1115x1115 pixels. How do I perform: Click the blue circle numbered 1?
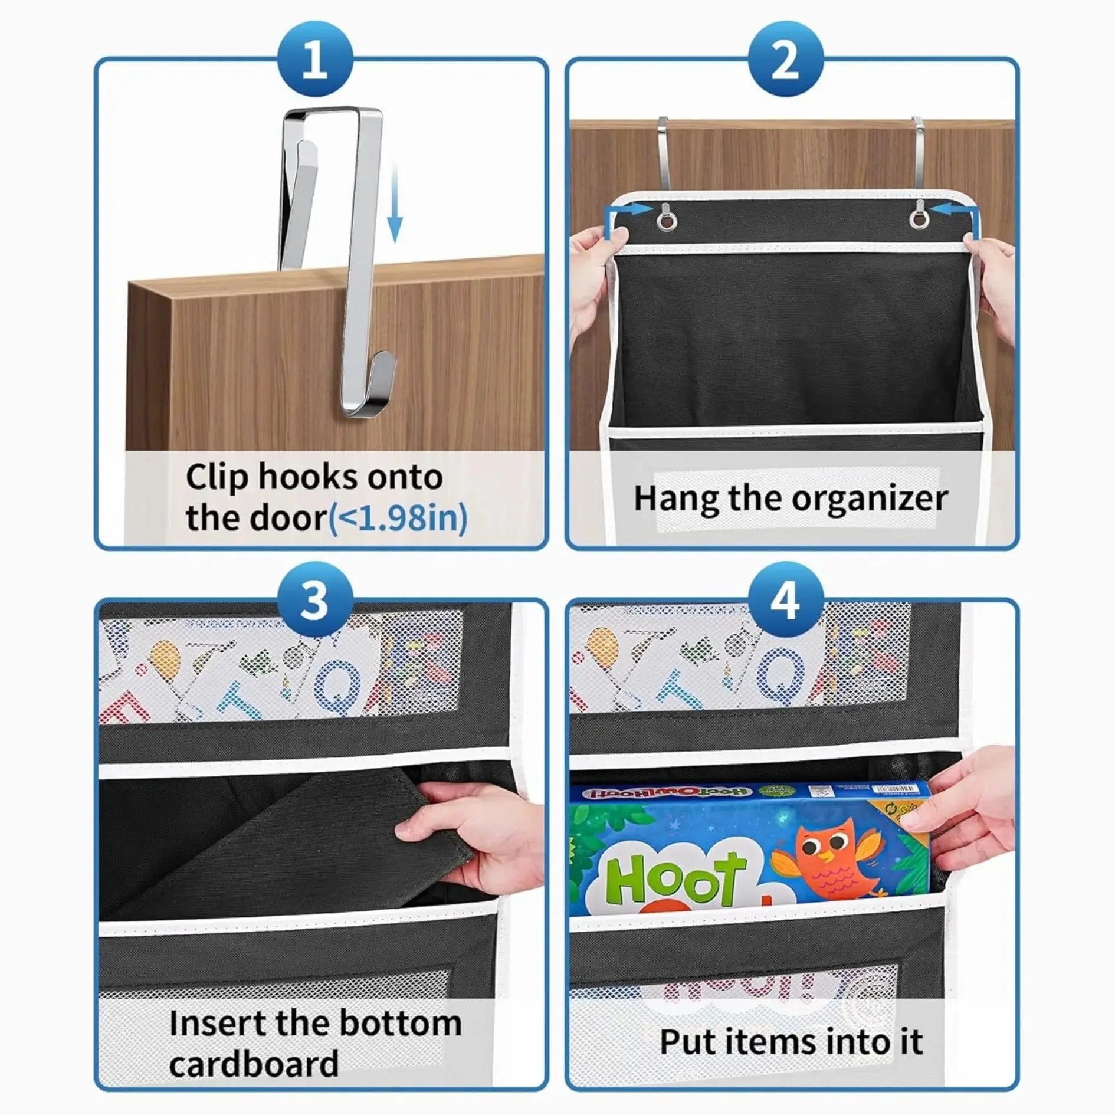coord(314,60)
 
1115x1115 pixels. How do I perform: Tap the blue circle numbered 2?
coord(785,60)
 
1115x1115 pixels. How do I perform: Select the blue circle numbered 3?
coord(314,600)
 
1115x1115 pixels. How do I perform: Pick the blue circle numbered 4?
coord(785,600)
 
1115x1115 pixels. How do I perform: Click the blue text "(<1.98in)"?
coord(397,518)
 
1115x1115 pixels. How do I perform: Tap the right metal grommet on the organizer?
coord(917,218)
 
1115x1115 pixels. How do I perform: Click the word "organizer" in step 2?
coord(869,499)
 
